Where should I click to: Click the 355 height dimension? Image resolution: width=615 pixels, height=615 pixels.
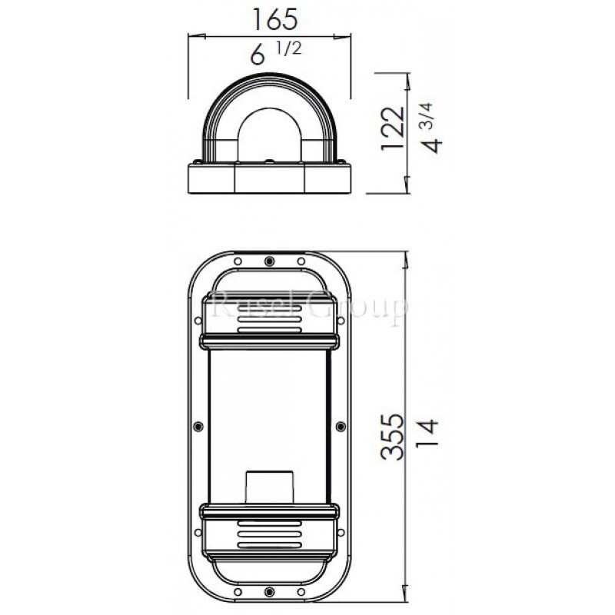pos(392,437)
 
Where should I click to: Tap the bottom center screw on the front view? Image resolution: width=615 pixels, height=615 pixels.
pos(268,591)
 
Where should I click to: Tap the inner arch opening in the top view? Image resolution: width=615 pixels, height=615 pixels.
pos(268,138)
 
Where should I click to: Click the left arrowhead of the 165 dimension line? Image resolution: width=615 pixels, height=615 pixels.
pos(192,35)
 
